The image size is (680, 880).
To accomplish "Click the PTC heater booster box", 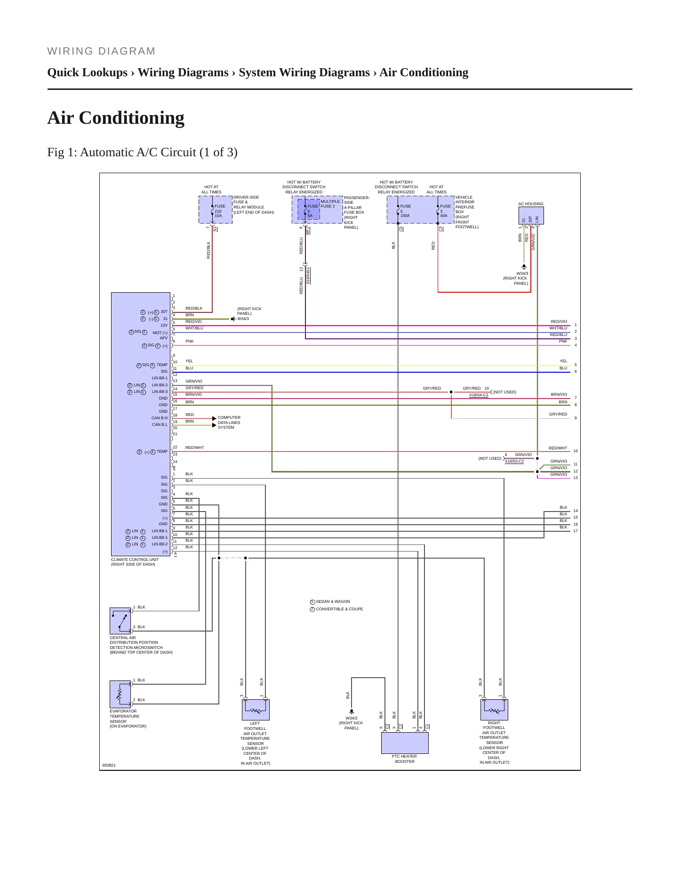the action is [x=405, y=743].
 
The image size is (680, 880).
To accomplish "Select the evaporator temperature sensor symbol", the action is [x=120, y=694].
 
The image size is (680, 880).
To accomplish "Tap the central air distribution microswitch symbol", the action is [x=120, y=621].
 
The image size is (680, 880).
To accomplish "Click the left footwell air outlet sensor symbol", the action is [x=256, y=710].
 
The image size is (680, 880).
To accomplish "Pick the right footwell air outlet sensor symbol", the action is [x=494, y=710].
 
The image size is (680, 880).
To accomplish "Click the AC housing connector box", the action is [x=531, y=216].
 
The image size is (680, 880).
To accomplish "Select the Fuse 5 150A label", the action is [x=405, y=211].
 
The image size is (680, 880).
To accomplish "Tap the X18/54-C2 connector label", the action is [x=479, y=395].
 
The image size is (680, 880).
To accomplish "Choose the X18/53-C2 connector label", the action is [x=514, y=461].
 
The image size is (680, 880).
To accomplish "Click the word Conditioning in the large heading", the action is [x=132, y=118].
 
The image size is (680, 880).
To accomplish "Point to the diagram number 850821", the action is [x=109, y=765].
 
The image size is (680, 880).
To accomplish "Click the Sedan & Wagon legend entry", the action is [x=330, y=602].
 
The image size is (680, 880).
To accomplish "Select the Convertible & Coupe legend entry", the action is [x=336, y=609].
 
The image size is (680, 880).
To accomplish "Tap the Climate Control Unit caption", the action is [x=135, y=562].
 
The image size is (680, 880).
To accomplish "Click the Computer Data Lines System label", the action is [x=229, y=423].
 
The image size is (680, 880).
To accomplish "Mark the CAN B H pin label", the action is [x=160, y=418].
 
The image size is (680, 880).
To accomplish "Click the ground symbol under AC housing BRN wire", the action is [x=524, y=267].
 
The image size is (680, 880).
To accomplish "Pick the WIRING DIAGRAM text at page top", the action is [x=101, y=51].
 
